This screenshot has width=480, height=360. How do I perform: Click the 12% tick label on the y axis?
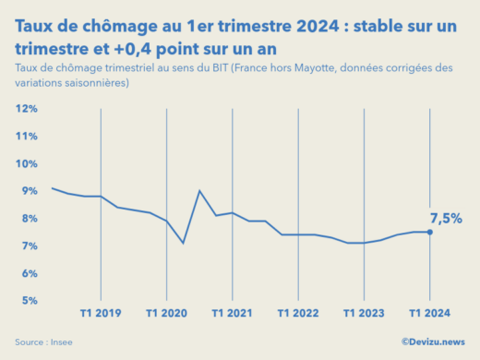[x=26, y=109]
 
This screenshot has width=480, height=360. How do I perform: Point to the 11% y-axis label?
[x=26, y=137]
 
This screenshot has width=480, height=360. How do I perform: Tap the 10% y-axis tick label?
[x=26, y=164]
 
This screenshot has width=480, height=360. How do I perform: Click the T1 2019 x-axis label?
[x=101, y=314]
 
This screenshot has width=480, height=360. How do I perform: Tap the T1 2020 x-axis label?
[x=166, y=314]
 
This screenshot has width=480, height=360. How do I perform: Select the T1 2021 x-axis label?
[x=232, y=314]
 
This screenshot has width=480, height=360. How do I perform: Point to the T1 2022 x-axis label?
[x=297, y=314]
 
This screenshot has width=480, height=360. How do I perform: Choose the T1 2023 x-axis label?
[x=363, y=314]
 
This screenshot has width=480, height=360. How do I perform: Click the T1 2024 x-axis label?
[x=428, y=314]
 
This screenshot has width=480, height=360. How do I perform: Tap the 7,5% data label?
[x=446, y=219]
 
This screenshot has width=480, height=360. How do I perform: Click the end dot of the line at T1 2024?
[x=429, y=232]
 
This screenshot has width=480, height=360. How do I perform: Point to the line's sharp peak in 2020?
[x=199, y=191]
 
